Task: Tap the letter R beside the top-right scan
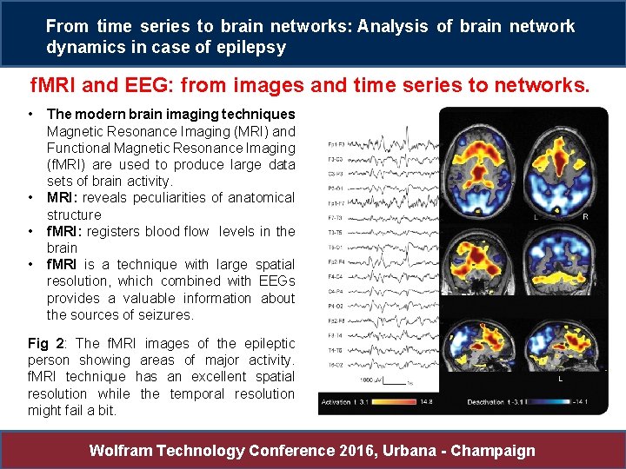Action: click(585, 216)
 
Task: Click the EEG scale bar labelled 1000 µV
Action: click(393, 381)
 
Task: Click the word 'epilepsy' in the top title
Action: click(251, 48)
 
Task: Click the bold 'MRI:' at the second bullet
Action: click(63, 198)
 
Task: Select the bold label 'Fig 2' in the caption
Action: click(43, 344)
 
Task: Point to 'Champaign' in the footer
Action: click(496, 451)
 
